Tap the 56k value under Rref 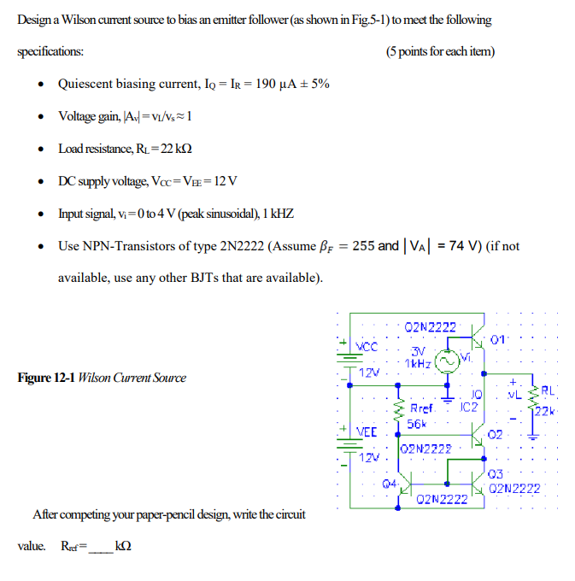[x=417, y=423]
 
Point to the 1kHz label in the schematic [x=418, y=365]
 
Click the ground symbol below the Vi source [x=445, y=396]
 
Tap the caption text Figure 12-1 [x=46, y=378]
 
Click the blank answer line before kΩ [x=101, y=545]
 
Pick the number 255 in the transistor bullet [x=363, y=246]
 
